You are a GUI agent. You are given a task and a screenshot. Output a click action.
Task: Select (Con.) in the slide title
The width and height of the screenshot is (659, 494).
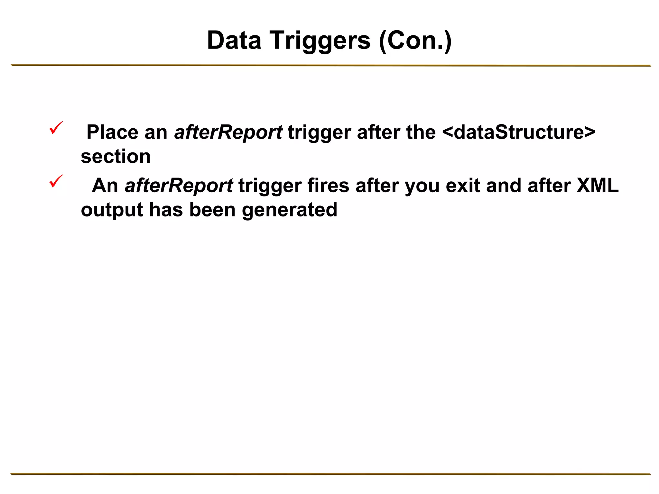coord(415,41)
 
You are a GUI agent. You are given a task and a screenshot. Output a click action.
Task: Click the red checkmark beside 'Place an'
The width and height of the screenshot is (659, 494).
coord(56,128)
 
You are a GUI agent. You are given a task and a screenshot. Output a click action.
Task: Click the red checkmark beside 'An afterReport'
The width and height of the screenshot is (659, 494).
coord(56,181)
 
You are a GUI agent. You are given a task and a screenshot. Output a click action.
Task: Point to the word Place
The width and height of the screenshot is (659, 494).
coord(112,132)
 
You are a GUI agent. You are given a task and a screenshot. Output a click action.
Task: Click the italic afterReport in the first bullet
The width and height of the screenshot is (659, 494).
coord(228,132)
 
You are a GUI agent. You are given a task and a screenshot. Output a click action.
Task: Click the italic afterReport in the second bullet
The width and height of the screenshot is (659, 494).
coord(179,186)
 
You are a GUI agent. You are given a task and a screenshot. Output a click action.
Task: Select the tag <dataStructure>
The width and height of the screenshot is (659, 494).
coord(519,132)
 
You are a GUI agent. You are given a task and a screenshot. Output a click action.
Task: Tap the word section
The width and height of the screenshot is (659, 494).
coord(116,157)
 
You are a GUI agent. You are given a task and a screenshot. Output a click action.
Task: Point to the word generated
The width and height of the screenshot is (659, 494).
coord(289,210)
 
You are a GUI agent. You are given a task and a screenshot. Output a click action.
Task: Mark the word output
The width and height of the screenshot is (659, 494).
coord(112,210)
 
